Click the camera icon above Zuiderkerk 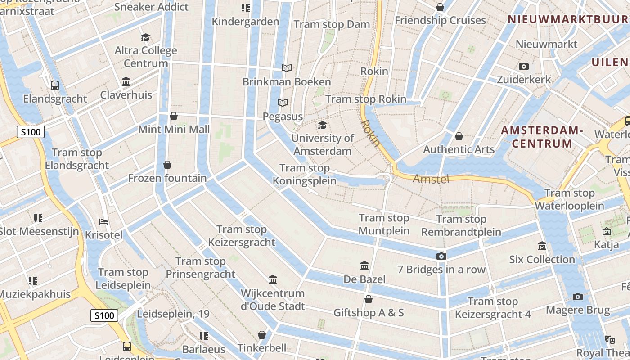coord(523,67)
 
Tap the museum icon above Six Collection coord(542,246)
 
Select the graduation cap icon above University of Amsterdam coord(322,125)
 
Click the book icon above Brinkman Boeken coord(287,68)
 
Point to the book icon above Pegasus coord(282,103)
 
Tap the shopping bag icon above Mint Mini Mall coord(174,117)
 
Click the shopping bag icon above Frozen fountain coord(167,165)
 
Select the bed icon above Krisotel coord(103,221)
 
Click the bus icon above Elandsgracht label coord(55,85)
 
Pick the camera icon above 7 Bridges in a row coord(441,256)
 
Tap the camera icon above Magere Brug coord(578,297)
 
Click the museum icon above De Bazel coord(364,265)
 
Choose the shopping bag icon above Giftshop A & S coord(369,299)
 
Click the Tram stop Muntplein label coord(384,225)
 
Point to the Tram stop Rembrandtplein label coord(461,226)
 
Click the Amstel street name coord(431,179)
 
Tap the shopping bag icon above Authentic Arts coord(459,136)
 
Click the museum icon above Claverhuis coord(126,82)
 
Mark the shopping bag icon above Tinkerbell coord(262,335)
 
